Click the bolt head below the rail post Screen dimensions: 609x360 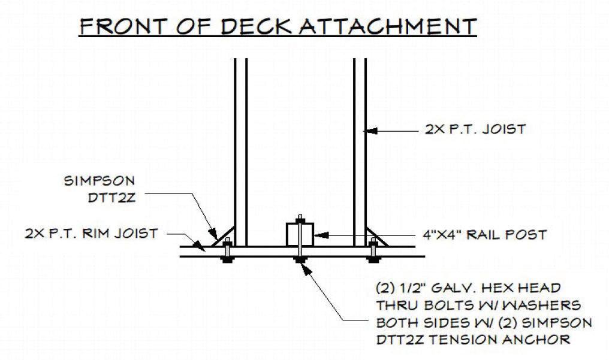[299, 259]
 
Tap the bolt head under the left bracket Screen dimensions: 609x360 [227, 259]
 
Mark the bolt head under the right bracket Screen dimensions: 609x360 [373, 259]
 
